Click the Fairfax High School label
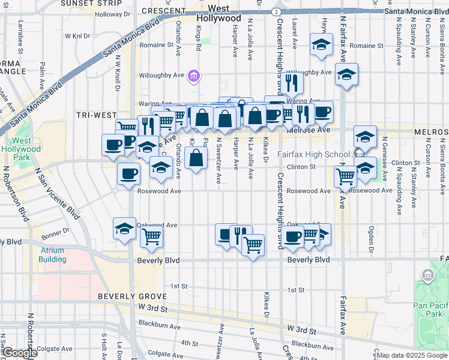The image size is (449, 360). (x=313, y=154)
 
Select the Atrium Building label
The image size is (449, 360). (x=53, y=255)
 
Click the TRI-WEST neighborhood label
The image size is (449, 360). (x=97, y=115)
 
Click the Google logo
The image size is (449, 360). (x=19, y=353)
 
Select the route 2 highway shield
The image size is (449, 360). (x=275, y=11)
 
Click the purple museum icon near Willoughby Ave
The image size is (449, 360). (x=194, y=76)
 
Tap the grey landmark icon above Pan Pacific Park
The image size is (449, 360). (x=428, y=276)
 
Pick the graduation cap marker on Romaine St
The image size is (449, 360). (x=321, y=44)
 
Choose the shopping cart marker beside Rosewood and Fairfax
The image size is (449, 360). (x=345, y=176)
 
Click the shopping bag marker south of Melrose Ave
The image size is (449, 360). (x=196, y=158)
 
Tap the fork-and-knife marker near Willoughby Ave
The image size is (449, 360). (x=292, y=83)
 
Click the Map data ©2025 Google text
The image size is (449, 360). (x=411, y=355)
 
